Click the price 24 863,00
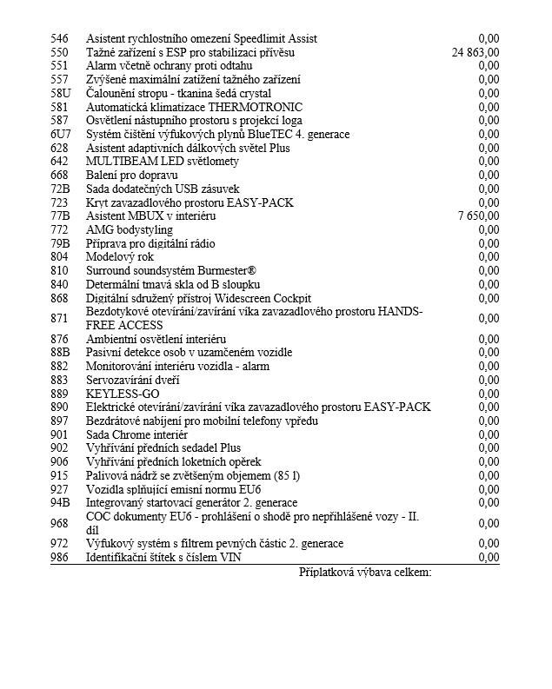476,52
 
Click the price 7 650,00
478,215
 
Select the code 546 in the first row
59,39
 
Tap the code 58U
61,93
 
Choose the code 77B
61,215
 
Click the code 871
59,318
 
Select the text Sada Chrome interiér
136,434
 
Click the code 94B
61,502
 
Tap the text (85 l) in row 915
284,474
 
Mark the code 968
59,522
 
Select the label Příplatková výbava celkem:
365,572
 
